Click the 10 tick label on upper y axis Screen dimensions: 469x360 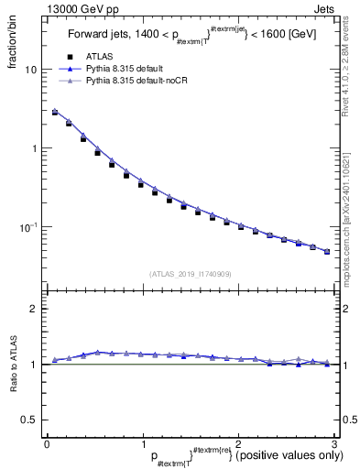point(31,70)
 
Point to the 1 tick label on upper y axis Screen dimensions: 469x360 point(34,148)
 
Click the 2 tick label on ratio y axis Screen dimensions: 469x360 point(34,310)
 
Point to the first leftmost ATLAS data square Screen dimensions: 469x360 point(55,113)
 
